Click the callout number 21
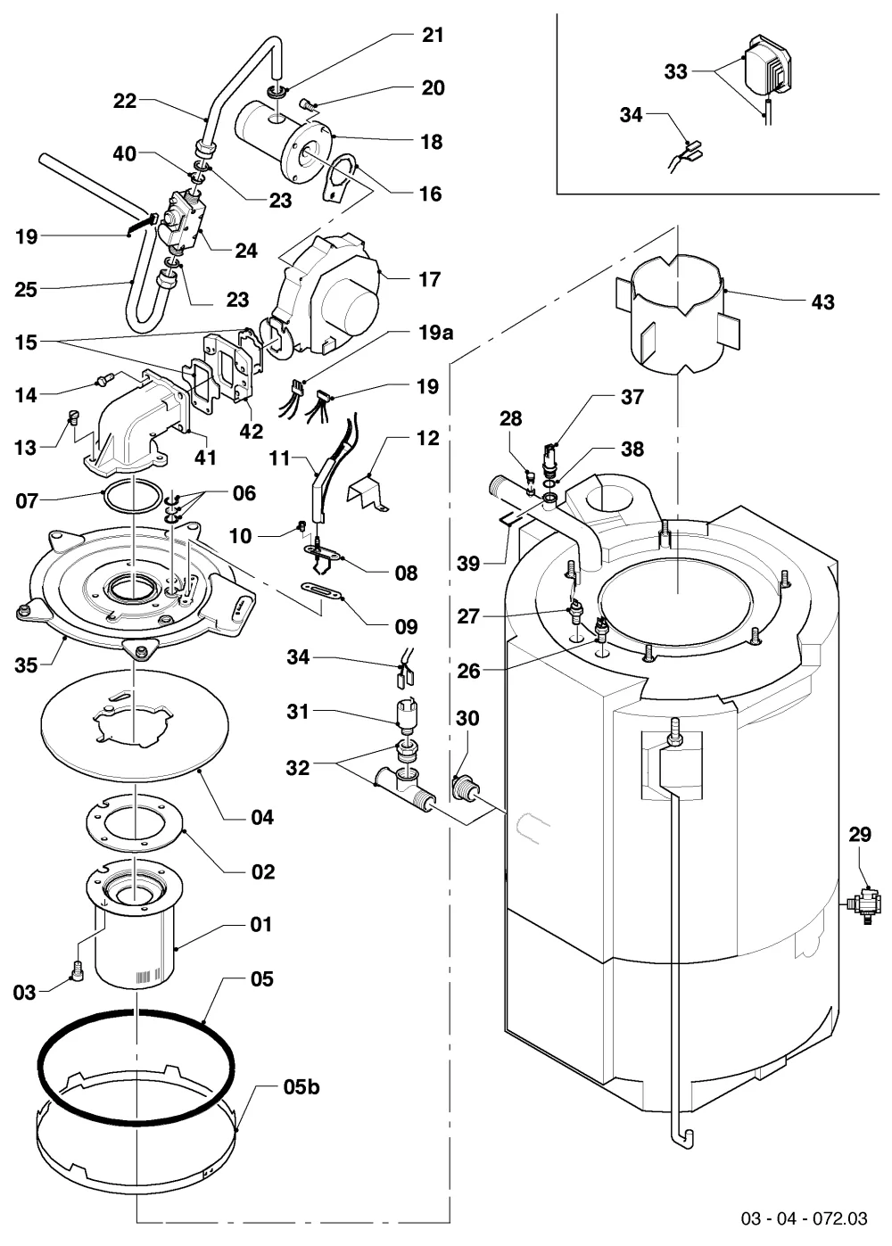[x=433, y=35]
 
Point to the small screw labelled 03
[x=78, y=971]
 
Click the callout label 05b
[x=301, y=1086]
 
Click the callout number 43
[x=822, y=302]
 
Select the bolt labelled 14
[x=104, y=381]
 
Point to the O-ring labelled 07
[x=132, y=493]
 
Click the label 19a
[x=435, y=332]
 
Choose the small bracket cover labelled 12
[x=368, y=491]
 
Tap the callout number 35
[x=26, y=664]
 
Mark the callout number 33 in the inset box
[x=675, y=71]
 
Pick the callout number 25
[x=26, y=289]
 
